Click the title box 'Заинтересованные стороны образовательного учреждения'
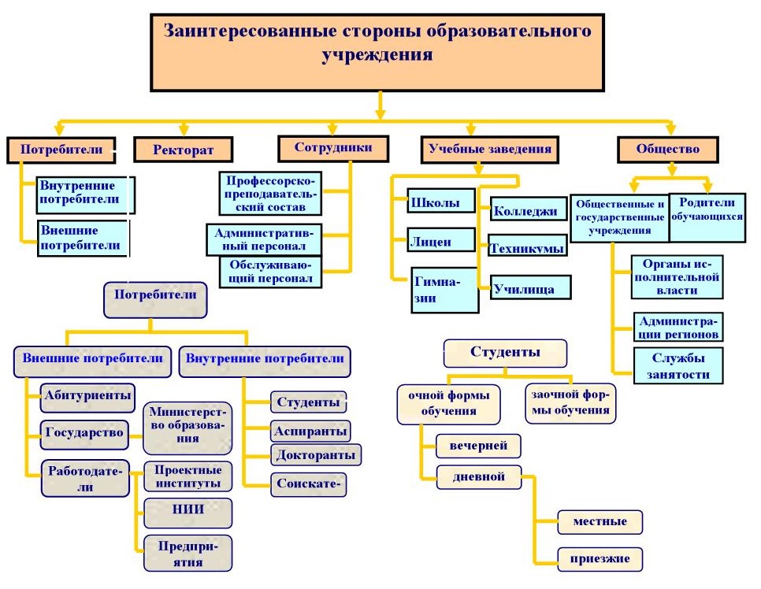coord(377,51)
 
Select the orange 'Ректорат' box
coord(184,149)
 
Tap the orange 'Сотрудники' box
coord(333,148)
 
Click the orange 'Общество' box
coord(668,148)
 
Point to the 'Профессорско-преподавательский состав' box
coord(270,193)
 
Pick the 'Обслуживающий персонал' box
coord(270,271)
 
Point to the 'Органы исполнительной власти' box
coord(677,276)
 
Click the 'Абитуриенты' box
coord(87,396)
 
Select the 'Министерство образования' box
coord(187,425)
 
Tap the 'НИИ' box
coord(187,509)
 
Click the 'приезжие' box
coord(599,559)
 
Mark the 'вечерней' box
coord(479,446)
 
